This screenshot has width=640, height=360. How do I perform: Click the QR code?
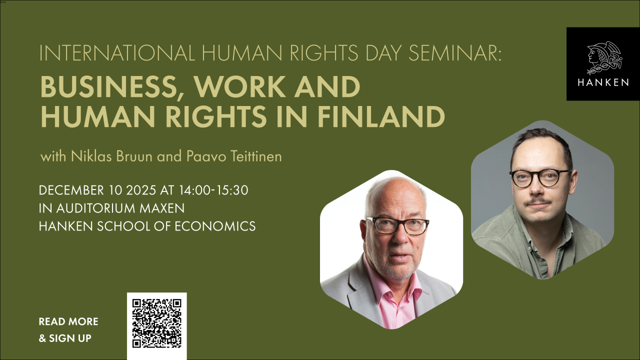pyautogui.click(x=156, y=323)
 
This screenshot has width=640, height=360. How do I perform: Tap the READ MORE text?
pyautogui.click(x=68, y=321)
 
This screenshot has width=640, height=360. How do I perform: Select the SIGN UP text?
pyautogui.click(x=70, y=338)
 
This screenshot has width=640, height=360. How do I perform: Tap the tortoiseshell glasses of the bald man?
pyautogui.click(x=397, y=225)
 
